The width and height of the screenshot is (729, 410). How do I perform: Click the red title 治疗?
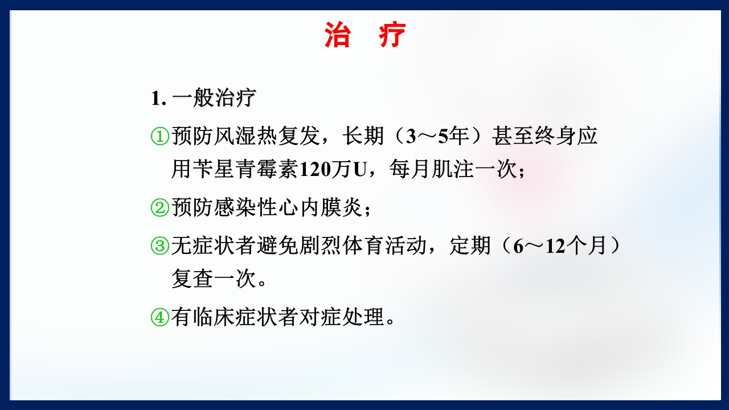pos(364,35)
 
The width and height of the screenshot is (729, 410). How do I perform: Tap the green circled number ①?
pos(160,137)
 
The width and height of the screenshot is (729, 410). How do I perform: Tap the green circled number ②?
pos(160,208)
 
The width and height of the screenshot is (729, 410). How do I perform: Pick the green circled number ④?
pos(160,318)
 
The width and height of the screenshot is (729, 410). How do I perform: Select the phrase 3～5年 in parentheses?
pos(435,137)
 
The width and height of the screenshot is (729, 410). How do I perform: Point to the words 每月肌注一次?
pos(453,170)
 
